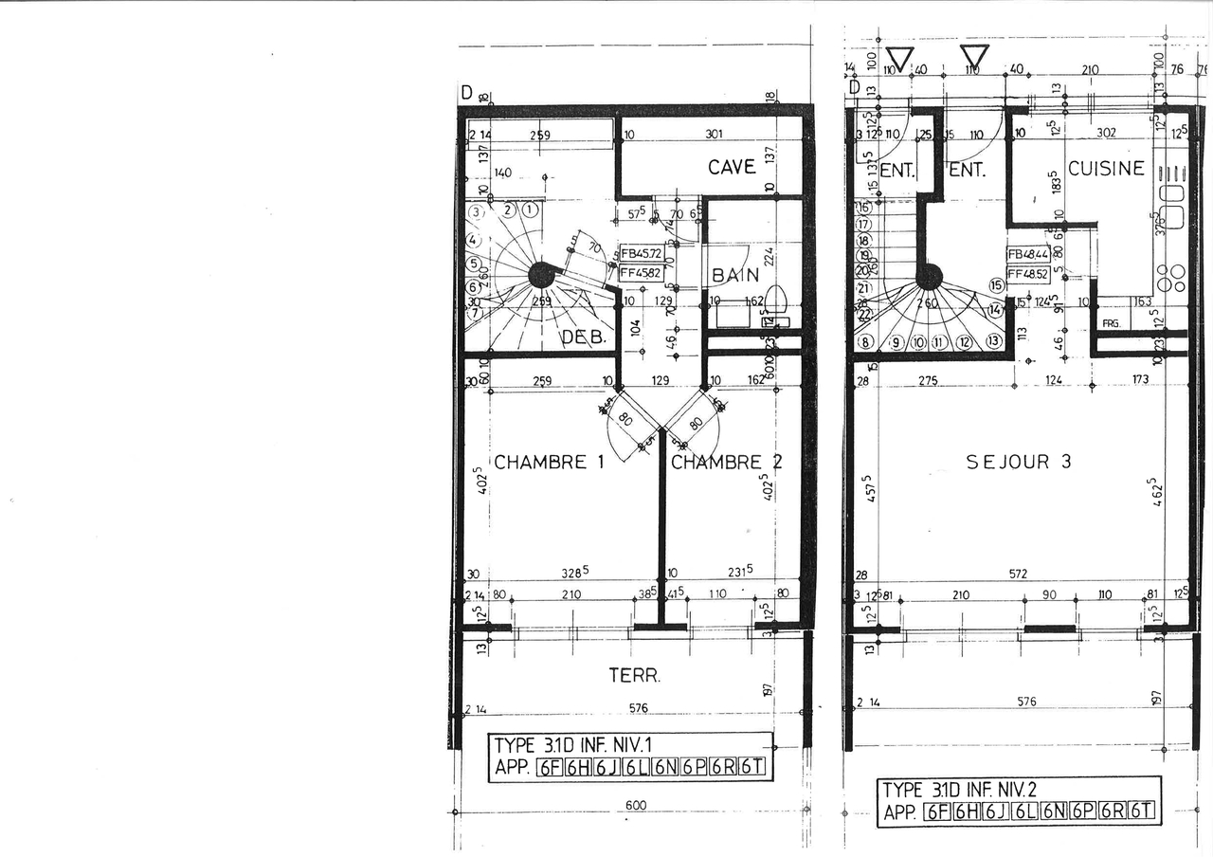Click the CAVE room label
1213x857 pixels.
coord(732,167)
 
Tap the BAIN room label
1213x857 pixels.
coord(735,276)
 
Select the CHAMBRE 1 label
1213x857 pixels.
coord(549,463)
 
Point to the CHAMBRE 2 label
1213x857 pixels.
coord(727,463)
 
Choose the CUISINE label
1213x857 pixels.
coord(1106,169)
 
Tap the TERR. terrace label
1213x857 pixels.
coord(634,676)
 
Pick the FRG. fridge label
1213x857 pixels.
coord(1111,324)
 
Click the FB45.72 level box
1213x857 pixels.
coord(642,254)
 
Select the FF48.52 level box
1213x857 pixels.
coord(1028,274)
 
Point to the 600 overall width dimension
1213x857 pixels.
coord(635,805)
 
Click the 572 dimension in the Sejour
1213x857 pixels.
coord(1018,574)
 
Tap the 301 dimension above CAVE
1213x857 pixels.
coord(714,135)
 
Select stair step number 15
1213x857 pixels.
coord(996,284)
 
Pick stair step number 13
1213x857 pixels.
coord(993,341)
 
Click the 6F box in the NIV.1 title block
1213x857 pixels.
coord(549,768)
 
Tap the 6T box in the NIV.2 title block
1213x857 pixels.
coord(1143,811)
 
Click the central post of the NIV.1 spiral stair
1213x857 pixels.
coord(541,275)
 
